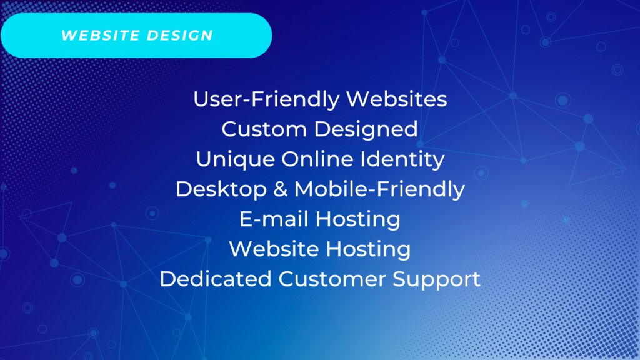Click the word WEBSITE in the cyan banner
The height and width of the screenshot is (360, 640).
tap(100, 36)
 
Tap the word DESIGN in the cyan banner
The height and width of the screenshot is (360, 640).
tap(180, 36)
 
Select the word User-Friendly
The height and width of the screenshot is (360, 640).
tap(266, 99)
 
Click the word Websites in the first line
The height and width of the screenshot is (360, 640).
tap(397, 99)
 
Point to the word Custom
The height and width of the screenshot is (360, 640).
tap(264, 129)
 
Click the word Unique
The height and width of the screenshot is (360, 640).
tap(236, 159)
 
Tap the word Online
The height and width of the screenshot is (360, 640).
tap(317, 159)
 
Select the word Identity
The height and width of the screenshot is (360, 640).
tap(402, 159)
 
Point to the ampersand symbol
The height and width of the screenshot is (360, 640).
tap(281, 189)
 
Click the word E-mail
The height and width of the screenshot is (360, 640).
tap(274, 219)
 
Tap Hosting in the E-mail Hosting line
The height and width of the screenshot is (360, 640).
tap(358, 220)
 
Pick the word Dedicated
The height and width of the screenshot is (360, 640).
tap(216, 279)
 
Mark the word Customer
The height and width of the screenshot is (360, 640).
tap(332, 279)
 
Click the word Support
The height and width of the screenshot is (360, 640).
tap(437, 280)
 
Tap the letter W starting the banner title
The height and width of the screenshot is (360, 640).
tap(69, 36)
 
